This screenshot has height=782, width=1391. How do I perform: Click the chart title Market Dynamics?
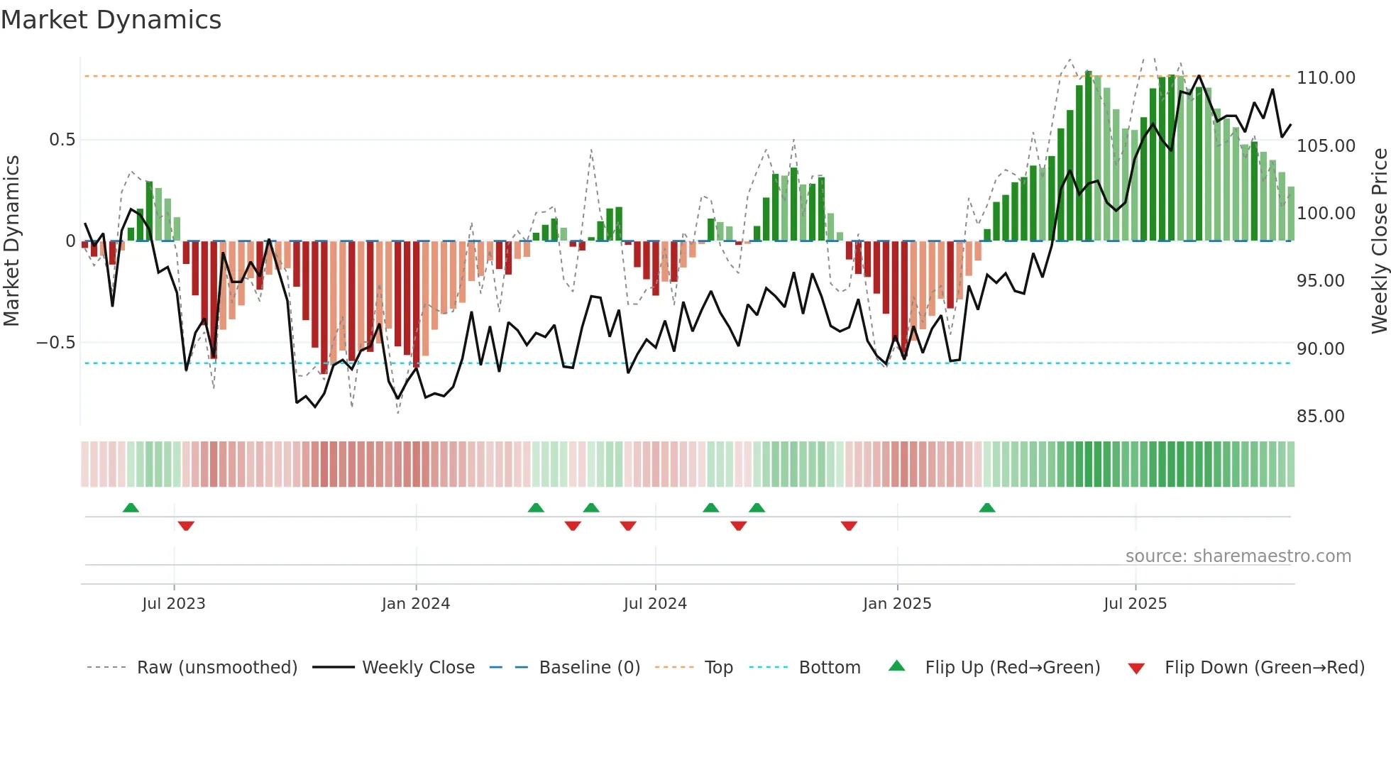click(111, 20)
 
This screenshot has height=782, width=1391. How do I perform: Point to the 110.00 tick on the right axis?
click(1325, 78)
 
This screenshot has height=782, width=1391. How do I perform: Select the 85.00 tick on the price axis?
click(1320, 417)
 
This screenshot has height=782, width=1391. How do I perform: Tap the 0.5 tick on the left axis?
click(62, 140)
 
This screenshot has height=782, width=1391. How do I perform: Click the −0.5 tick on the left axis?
click(56, 343)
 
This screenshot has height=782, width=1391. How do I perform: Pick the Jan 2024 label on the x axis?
click(415, 604)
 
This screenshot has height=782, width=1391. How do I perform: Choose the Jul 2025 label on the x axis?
click(1134, 604)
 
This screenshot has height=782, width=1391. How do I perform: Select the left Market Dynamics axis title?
click(11, 241)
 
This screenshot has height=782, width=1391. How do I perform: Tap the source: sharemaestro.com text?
click(1238, 556)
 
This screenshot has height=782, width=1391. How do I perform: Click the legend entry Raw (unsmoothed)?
click(216, 668)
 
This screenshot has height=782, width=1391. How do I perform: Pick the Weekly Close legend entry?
click(418, 668)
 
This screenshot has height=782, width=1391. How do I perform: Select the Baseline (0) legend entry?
click(589, 668)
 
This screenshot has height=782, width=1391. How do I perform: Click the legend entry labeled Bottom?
click(829, 668)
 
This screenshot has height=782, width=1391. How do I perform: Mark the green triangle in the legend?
click(897, 666)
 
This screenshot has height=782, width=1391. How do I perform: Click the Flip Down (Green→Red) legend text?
click(1264, 668)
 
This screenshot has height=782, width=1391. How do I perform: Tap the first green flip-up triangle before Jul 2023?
click(131, 507)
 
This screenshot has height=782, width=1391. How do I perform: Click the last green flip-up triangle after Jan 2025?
click(986, 507)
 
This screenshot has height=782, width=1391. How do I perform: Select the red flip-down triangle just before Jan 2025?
click(849, 526)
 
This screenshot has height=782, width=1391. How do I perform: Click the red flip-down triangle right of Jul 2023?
click(186, 526)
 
